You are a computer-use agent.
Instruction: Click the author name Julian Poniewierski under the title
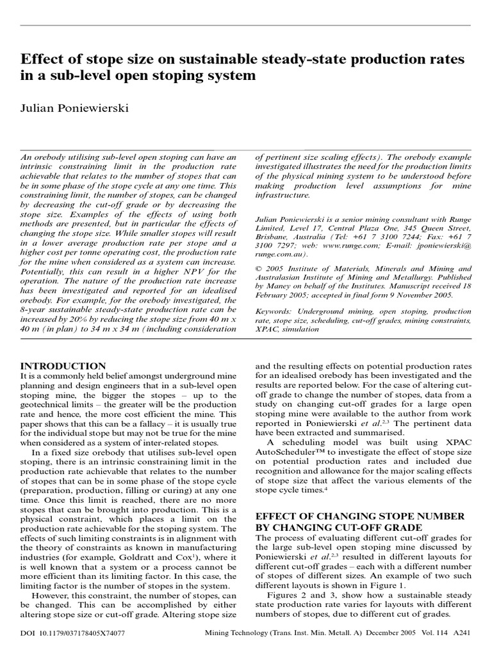point(75,108)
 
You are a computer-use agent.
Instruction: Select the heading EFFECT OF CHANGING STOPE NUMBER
point(356,516)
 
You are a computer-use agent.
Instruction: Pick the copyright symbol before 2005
point(259,269)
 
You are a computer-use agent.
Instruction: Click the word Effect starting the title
point(39,59)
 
